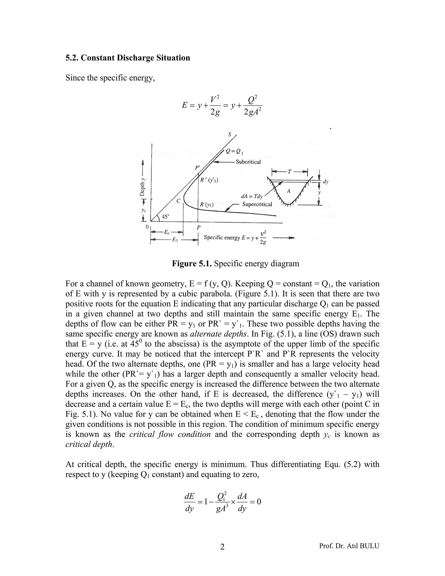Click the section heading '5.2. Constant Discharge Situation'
tap(128, 58)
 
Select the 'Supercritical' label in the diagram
tap(257, 204)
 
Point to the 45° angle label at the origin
tap(166, 216)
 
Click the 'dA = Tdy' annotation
tap(252, 196)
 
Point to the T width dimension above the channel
tap(289, 172)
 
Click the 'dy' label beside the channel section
tap(326, 182)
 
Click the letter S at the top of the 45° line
tap(229, 135)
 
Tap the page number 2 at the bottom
tap(222, 548)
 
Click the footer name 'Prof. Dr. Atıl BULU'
tap(349, 546)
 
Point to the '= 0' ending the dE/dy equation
tap(256, 501)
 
